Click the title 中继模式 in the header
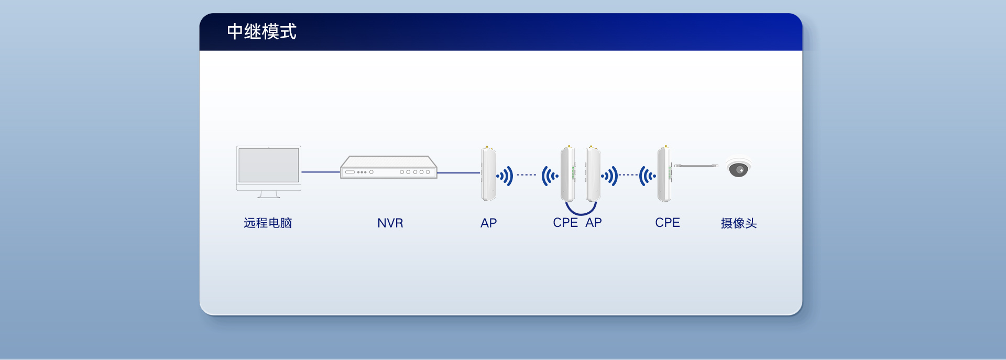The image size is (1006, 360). (261, 31)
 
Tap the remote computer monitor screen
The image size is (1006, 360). (269, 165)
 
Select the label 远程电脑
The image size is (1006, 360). (268, 223)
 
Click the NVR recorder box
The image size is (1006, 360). (389, 167)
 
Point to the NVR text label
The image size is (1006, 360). (390, 223)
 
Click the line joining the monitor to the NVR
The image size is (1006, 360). (321, 172)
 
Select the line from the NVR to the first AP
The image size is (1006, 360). (459, 172)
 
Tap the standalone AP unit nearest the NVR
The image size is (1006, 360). (489, 173)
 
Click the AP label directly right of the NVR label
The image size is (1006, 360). (488, 223)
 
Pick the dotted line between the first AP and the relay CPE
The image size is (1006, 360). (527, 175)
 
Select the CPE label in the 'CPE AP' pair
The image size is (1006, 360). (565, 223)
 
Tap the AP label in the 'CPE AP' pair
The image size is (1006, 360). (594, 223)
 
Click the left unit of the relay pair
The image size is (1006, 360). (568, 173)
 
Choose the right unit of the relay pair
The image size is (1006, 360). (593, 173)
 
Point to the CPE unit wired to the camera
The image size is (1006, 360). (665, 173)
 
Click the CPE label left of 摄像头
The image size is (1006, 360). (668, 223)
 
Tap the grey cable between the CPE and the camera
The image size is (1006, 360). (696, 166)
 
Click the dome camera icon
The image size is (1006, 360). (739, 168)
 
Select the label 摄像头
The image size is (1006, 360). (739, 223)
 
